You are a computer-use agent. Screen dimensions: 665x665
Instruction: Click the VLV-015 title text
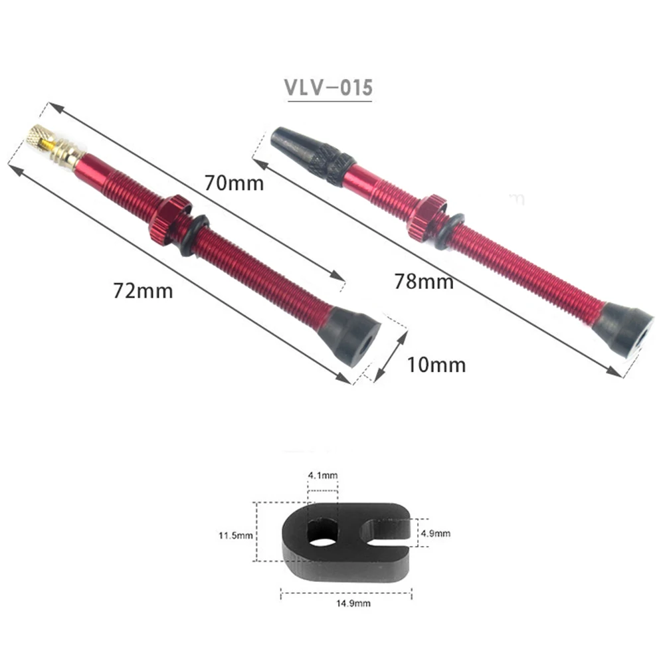(329, 88)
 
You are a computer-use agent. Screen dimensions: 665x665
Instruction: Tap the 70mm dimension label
(233, 182)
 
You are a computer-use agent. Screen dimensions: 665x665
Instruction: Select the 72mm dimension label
(143, 290)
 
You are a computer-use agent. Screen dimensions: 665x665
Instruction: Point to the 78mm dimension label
(424, 281)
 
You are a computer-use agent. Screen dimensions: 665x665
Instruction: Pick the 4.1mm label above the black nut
(323, 475)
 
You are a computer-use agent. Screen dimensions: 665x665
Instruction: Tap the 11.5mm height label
(236, 535)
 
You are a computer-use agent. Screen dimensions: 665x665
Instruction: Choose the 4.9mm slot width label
(436, 533)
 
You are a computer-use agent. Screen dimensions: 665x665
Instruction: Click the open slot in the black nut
(385, 531)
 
